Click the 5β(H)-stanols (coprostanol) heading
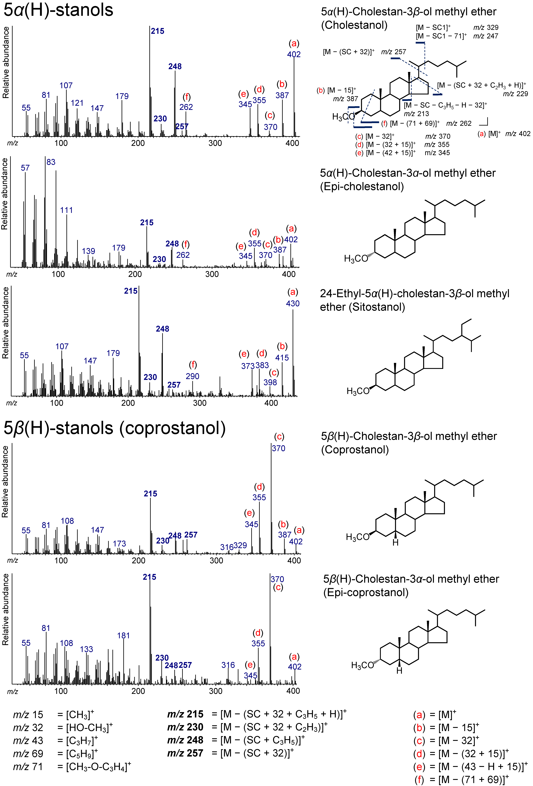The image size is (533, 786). click(114, 428)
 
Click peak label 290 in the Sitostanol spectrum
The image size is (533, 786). click(192, 376)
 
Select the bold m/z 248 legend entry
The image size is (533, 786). click(185, 740)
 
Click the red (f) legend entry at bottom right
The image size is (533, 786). click(419, 780)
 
